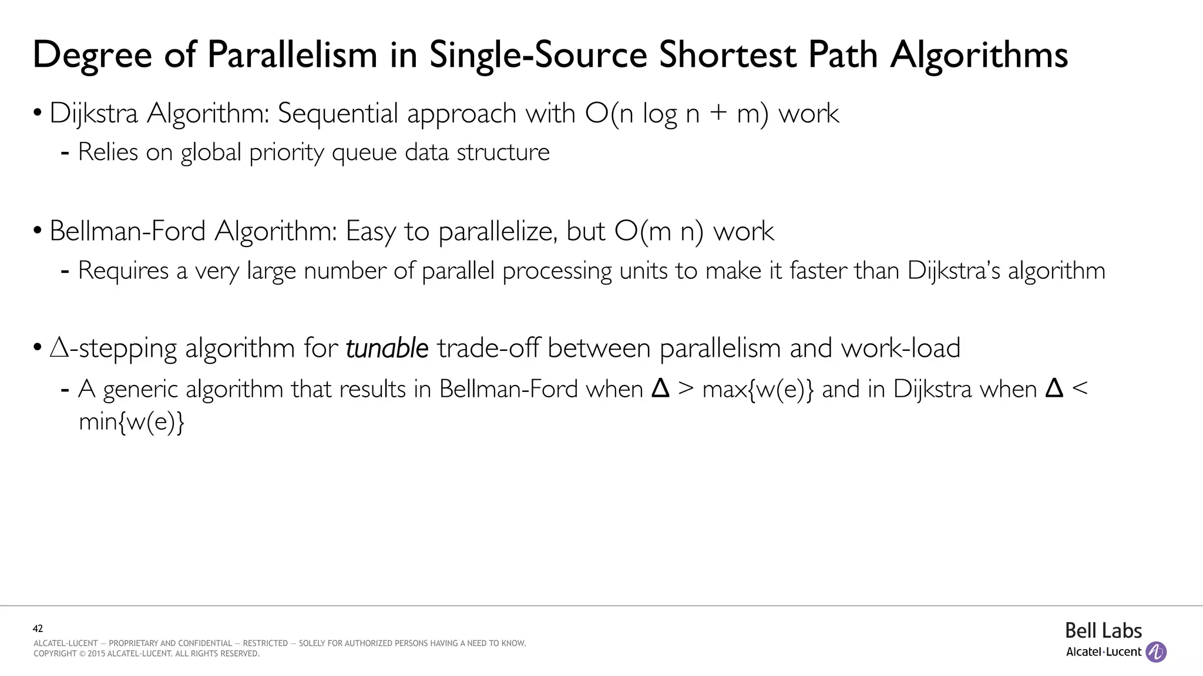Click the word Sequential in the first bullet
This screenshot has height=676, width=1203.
click(x=338, y=113)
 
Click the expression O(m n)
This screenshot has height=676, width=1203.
click(x=658, y=231)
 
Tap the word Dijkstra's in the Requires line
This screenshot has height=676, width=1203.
click(x=953, y=271)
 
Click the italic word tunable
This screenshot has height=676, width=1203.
click(x=387, y=349)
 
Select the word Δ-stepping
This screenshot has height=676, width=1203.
click(x=113, y=349)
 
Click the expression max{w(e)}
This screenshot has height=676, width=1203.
click(x=758, y=389)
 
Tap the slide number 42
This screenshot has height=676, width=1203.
click(x=38, y=628)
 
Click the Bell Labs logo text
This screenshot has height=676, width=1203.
click(x=1103, y=631)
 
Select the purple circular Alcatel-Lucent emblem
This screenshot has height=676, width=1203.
click(x=1156, y=652)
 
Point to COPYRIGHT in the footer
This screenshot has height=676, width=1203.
click(x=55, y=654)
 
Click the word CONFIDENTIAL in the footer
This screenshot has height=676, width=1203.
click(x=200, y=643)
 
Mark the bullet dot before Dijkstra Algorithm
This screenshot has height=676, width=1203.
click(x=38, y=113)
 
